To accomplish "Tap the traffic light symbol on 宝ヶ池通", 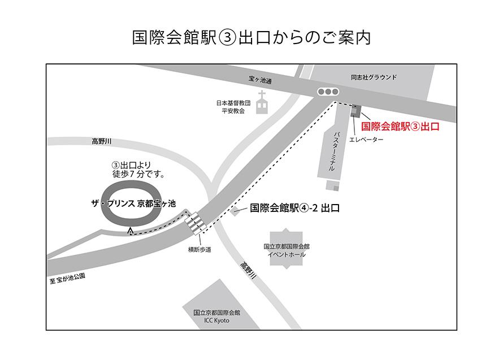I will (x=328, y=92).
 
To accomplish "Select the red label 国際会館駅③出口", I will (x=400, y=127).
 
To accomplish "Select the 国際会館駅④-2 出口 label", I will (x=294, y=208).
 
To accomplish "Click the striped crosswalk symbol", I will (x=196, y=222).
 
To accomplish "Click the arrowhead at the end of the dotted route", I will (x=131, y=230).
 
